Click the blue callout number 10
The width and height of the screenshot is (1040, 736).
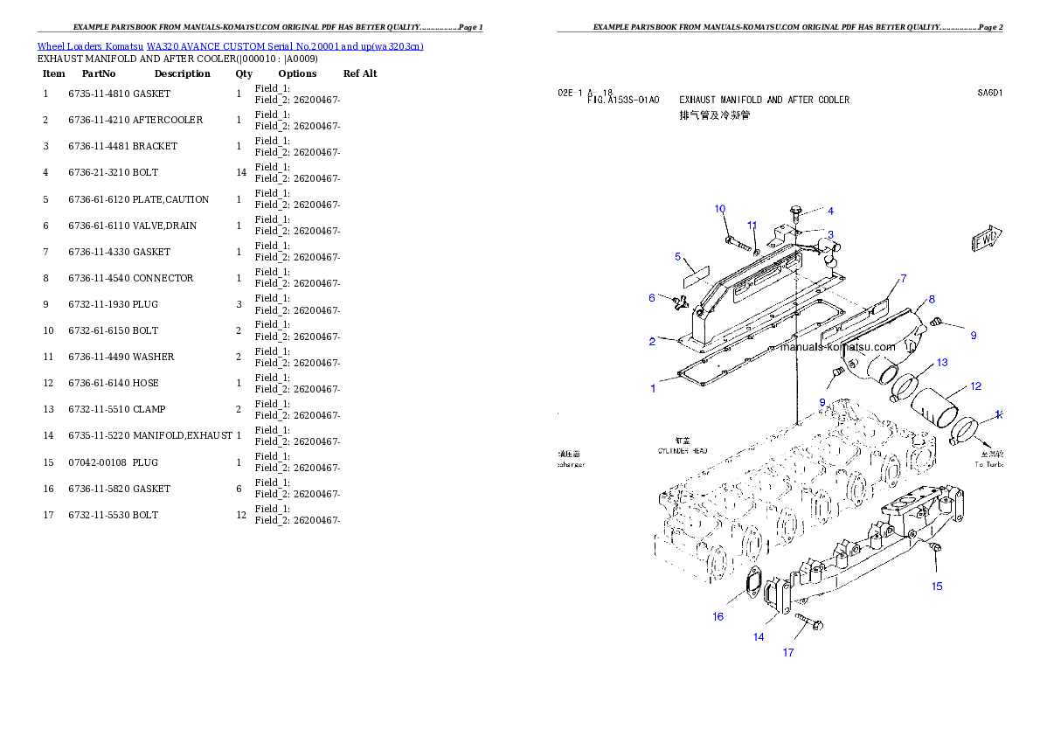(x=720, y=209)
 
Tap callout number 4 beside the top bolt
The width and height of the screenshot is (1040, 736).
(x=830, y=211)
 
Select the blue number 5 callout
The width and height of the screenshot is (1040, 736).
(x=677, y=257)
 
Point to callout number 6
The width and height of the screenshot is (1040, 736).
(x=651, y=298)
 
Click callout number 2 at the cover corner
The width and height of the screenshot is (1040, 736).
(x=652, y=342)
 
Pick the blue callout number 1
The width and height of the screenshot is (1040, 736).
(x=653, y=388)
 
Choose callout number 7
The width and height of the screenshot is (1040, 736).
(x=903, y=279)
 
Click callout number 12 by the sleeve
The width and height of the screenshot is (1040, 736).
(x=975, y=385)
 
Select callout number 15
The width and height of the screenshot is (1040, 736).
(x=937, y=587)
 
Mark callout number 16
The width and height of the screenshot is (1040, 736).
(x=718, y=616)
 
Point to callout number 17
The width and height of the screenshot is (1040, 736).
(x=788, y=653)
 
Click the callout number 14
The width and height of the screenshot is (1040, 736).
(x=759, y=637)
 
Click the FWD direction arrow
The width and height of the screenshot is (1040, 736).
(x=987, y=239)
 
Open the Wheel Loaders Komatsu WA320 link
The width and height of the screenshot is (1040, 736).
(x=230, y=46)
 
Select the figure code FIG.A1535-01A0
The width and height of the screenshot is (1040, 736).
(x=623, y=101)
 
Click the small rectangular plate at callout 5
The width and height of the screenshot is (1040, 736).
(x=696, y=274)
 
